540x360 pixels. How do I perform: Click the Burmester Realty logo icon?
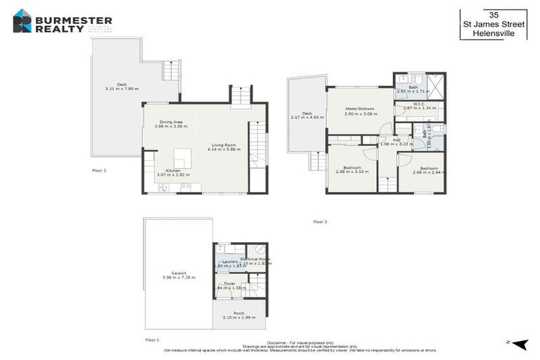[22, 20]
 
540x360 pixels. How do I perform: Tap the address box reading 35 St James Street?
[493, 25]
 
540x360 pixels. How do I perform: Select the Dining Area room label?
[171, 124]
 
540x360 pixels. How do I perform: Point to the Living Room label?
[224, 146]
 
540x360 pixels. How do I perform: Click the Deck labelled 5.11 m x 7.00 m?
[121, 86]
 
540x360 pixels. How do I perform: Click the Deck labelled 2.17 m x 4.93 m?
[307, 115]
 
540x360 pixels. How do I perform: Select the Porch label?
[239, 316]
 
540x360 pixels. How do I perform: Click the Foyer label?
[229, 285]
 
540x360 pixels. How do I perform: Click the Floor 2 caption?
[99, 171]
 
